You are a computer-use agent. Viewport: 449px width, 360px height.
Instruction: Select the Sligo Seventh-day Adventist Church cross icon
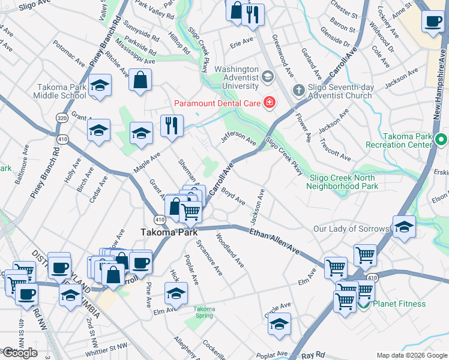pyautogui.click(x=299, y=91)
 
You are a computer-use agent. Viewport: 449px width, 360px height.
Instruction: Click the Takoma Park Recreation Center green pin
pyautogui.click(x=442, y=140)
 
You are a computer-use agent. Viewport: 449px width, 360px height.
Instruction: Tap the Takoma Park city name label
pyautogui.click(x=165, y=232)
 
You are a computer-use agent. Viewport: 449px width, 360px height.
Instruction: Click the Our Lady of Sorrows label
pyautogui.click(x=351, y=229)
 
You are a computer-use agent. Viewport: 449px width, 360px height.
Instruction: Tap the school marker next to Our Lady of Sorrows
pyautogui.click(x=404, y=227)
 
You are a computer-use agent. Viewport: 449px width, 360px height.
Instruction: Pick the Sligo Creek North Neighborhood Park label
pyautogui.click(x=342, y=182)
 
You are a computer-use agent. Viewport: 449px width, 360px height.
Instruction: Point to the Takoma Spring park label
pyautogui.click(x=203, y=313)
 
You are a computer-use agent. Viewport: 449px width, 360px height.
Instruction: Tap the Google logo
pyautogui.click(x=20, y=353)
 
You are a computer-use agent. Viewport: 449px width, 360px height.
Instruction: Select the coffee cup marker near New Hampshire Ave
pyautogui.click(x=432, y=22)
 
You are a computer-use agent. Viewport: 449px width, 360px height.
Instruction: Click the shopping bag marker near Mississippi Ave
pyautogui.click(x=140, y=80)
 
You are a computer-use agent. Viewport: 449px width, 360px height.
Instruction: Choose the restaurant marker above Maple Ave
pyautogui.click(x=172, y=125)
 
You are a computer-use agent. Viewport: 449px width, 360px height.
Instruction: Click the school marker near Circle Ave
pyautogui.click(x=279, y=324)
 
